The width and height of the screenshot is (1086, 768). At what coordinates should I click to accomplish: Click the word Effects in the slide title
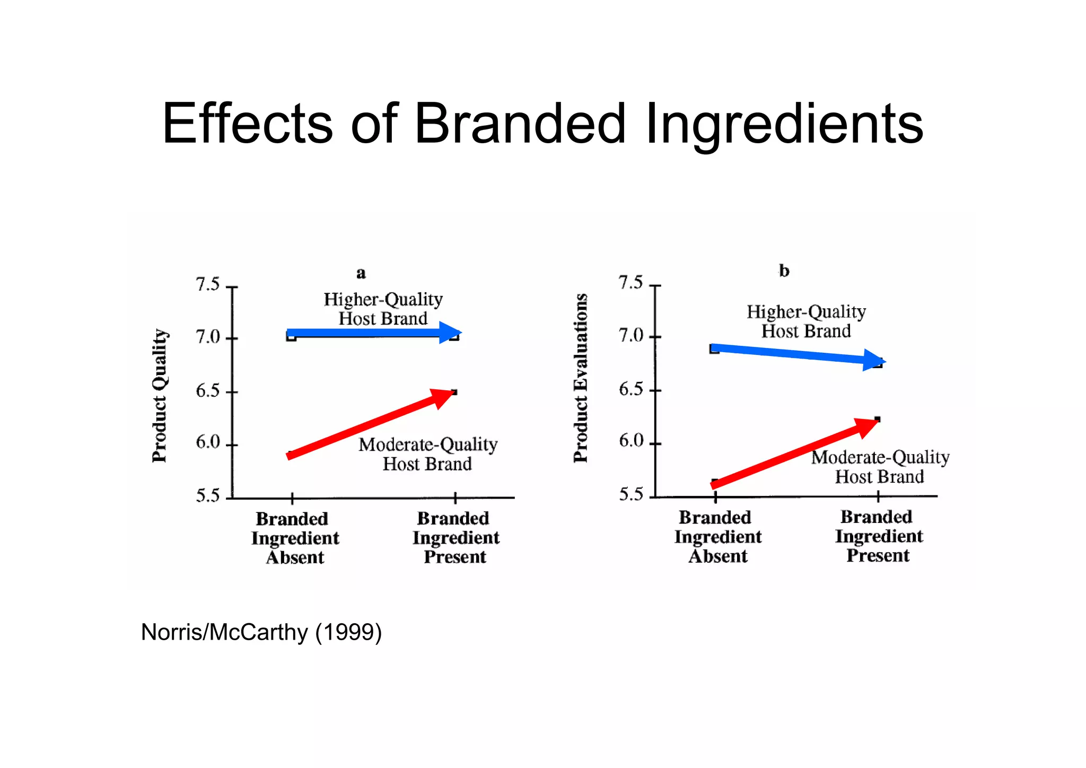pos(247,123)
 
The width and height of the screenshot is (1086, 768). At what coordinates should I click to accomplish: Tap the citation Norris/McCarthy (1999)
pos(261,632)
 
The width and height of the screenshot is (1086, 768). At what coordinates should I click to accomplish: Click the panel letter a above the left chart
pos(361,273)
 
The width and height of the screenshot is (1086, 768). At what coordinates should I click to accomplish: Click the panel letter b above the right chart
pos(784,271)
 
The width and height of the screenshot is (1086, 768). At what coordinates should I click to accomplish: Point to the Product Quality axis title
pos(160,395)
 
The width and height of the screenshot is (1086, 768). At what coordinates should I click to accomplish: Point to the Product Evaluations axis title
pos(581,378)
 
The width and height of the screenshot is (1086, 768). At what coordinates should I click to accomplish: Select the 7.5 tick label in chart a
pos(207,284)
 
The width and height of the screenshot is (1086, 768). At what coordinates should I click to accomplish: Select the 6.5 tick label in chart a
pos(207,391)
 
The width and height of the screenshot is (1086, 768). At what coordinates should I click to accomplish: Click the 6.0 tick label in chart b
pos(630,441)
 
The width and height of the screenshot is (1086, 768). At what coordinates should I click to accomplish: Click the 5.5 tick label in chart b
pos(630,494)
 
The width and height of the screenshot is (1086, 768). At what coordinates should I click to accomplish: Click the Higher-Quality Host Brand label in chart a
pos(383,309)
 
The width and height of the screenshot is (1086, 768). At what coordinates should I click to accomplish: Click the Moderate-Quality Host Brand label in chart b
pos(880,467)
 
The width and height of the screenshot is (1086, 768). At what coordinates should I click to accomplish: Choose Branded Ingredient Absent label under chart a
pos(295,538)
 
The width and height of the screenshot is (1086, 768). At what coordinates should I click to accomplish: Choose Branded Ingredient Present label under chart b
pos(878,536)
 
